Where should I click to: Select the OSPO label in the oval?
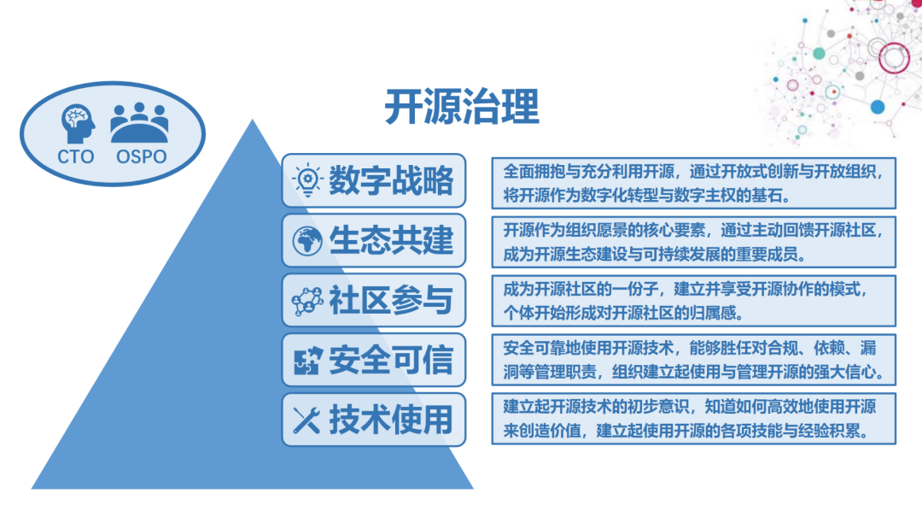141,156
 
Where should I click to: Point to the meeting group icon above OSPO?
139,122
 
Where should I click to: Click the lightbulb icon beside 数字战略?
306,179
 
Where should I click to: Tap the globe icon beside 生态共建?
306,240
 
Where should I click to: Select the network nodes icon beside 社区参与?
306,300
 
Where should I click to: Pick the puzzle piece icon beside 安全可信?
306,360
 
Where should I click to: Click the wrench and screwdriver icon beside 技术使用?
306,420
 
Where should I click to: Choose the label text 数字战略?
391,179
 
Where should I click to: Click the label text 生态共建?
391,240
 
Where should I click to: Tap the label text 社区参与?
391,300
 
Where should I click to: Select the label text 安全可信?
391,360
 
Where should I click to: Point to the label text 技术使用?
391,420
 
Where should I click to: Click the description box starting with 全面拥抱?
693,181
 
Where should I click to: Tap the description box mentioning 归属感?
693,300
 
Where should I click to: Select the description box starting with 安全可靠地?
693,360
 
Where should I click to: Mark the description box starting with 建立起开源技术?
693,418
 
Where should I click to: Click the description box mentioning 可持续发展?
693,241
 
